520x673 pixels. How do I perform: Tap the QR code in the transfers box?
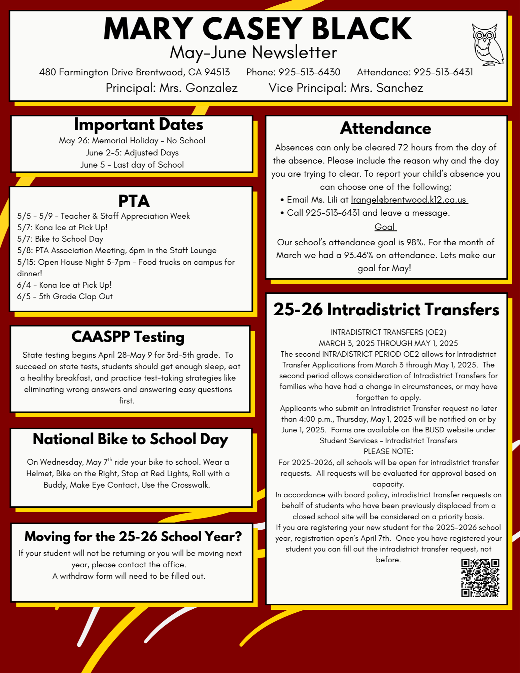click(480, 578)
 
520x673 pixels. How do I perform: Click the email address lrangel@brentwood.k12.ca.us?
click(409, 200)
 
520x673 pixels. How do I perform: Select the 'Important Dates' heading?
click(138, 125)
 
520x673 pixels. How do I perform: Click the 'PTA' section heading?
click(134, 201)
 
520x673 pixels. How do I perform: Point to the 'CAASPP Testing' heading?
click(128, 337)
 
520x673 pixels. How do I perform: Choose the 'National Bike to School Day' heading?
click(131, 439)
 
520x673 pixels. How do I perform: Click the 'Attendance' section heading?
click(385, 128)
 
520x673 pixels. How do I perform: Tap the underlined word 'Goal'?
click(385, 227)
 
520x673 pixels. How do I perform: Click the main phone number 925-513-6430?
click(309, 72)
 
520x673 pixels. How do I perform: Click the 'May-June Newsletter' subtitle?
click(253, 52)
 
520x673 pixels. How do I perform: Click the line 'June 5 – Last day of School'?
click(132, 165)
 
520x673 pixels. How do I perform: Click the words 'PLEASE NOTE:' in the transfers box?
click(388, 451)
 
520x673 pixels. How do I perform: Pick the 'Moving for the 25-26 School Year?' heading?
click(133, 536)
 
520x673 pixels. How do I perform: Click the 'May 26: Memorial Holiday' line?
click(132, 141)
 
